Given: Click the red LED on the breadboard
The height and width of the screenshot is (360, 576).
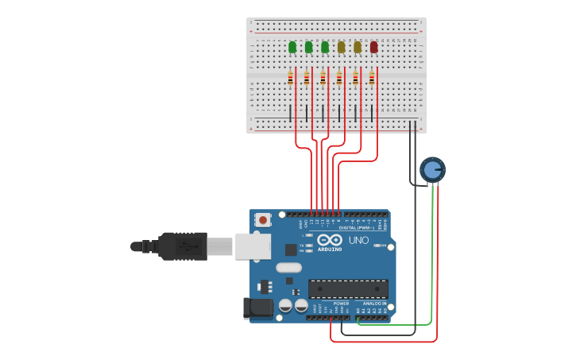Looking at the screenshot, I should pos(373,47).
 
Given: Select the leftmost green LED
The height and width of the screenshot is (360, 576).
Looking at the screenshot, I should pos(292,47).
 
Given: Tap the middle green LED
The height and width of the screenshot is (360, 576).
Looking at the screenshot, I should pos(308,47).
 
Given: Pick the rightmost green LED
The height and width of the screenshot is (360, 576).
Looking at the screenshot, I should pos(325,47).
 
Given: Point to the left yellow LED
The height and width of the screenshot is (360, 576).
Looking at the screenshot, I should pos(341,47).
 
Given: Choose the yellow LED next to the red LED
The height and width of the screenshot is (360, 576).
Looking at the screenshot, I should pos(358,47).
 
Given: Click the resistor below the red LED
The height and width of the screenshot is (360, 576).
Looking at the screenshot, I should pos(371,78).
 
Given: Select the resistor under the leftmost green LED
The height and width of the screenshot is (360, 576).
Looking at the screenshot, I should pos(290,78).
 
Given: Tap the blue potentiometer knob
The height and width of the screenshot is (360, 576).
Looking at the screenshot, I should pos(432,169).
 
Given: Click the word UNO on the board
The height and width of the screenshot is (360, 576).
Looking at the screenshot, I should pos(358,240).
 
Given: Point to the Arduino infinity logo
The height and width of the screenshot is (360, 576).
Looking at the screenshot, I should pos(329,239).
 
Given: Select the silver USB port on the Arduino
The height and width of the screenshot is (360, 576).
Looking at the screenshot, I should pos(253,246).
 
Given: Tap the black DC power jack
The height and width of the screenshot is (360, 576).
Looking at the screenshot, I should pos(257,308).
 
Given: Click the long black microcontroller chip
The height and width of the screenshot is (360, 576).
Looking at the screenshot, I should pos(348,289).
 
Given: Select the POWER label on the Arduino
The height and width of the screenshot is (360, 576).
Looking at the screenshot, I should pos(341,304).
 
